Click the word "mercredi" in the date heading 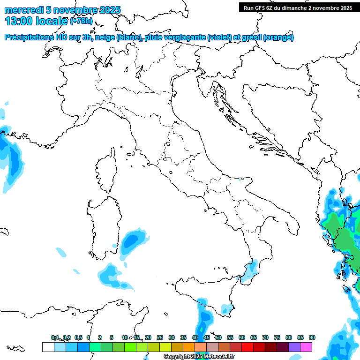tap(23, 10)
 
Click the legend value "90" tap(312, 337)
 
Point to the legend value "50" tap(218, 337)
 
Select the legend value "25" tap(160, 337)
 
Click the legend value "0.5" tap(78, 337)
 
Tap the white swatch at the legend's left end tap(48, 347)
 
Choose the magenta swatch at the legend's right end tap(306, 347)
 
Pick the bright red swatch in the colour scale tap(247, 347)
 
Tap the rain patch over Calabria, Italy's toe tap(252, 269)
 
